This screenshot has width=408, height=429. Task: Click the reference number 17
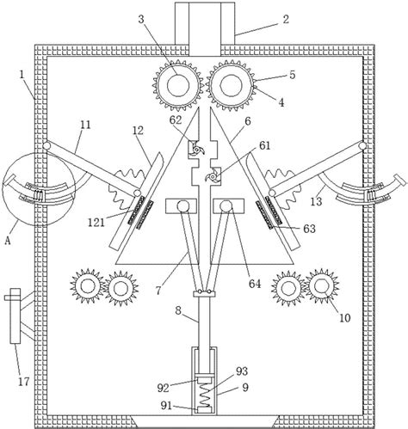24,382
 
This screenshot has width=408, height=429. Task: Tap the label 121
96,223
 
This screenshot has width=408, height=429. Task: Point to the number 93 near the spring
242,371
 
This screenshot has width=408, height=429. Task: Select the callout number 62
176,120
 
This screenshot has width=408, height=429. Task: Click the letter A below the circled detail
8,241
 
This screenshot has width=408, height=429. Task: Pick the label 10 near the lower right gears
345,317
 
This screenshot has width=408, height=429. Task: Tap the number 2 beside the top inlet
286,20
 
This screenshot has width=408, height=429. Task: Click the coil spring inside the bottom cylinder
205,395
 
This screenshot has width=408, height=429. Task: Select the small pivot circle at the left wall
46,146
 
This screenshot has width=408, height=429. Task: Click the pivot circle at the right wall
362,146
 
